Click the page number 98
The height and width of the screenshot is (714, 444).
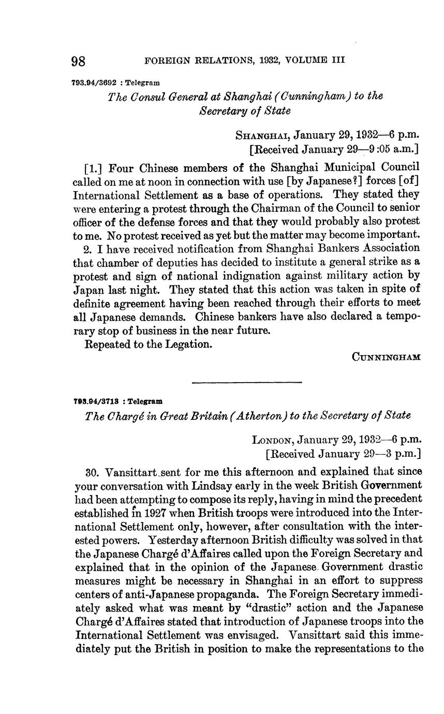point(79,61)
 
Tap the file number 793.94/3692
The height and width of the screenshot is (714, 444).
point(94,83)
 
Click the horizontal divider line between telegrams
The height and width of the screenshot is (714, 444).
point(246,383)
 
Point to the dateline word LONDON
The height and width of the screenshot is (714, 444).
point(273,441)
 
